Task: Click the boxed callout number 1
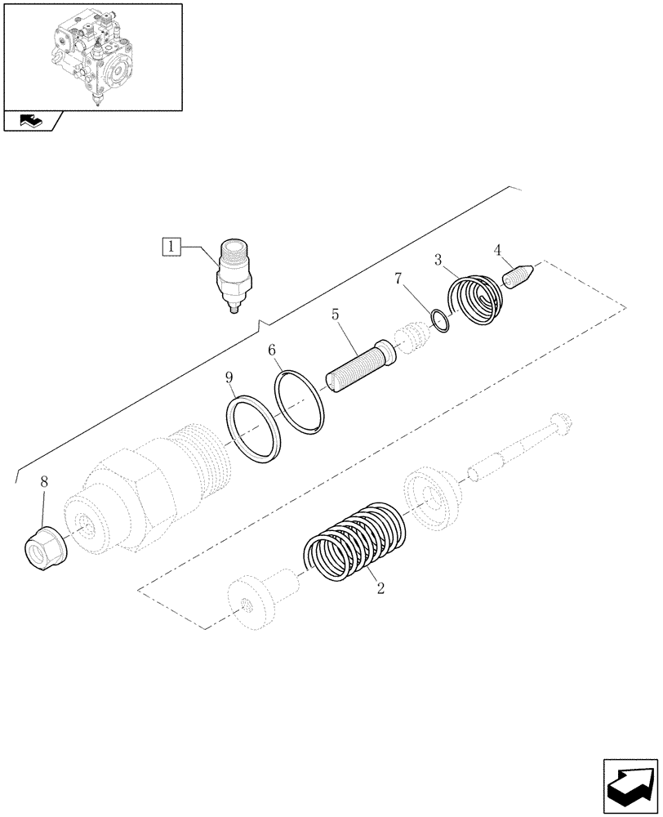[x=171, y=244]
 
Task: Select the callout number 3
[x=438, y=261]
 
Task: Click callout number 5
[x=335, y=313]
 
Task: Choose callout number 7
[x=398, y=279]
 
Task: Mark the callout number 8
[x=44, y=483]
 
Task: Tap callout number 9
[x=229, y=377]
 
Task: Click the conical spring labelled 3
[x=478, y=301]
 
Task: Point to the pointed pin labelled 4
[x=518, y=275]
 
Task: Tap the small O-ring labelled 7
[x=440, y=321]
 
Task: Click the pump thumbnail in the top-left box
[x=92, y=56]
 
